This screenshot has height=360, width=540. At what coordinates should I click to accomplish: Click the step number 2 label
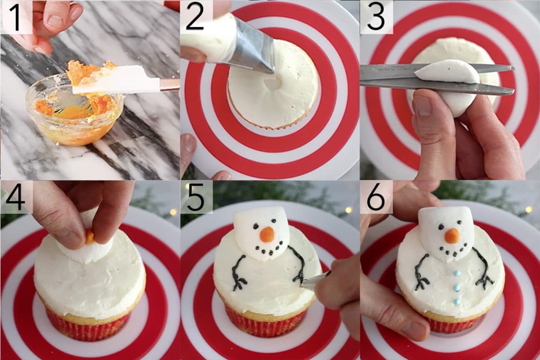point(195,18)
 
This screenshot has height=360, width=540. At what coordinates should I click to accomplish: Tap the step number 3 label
point(376,18)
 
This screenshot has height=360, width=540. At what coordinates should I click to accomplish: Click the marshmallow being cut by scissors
point(443,72)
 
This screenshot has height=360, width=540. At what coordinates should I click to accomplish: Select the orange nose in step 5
point(267,234)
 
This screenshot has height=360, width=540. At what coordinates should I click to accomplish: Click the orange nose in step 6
point(451,235)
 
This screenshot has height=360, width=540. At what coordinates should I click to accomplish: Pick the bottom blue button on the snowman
point(457,301)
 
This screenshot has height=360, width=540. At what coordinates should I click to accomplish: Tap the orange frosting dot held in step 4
point(89,237)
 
